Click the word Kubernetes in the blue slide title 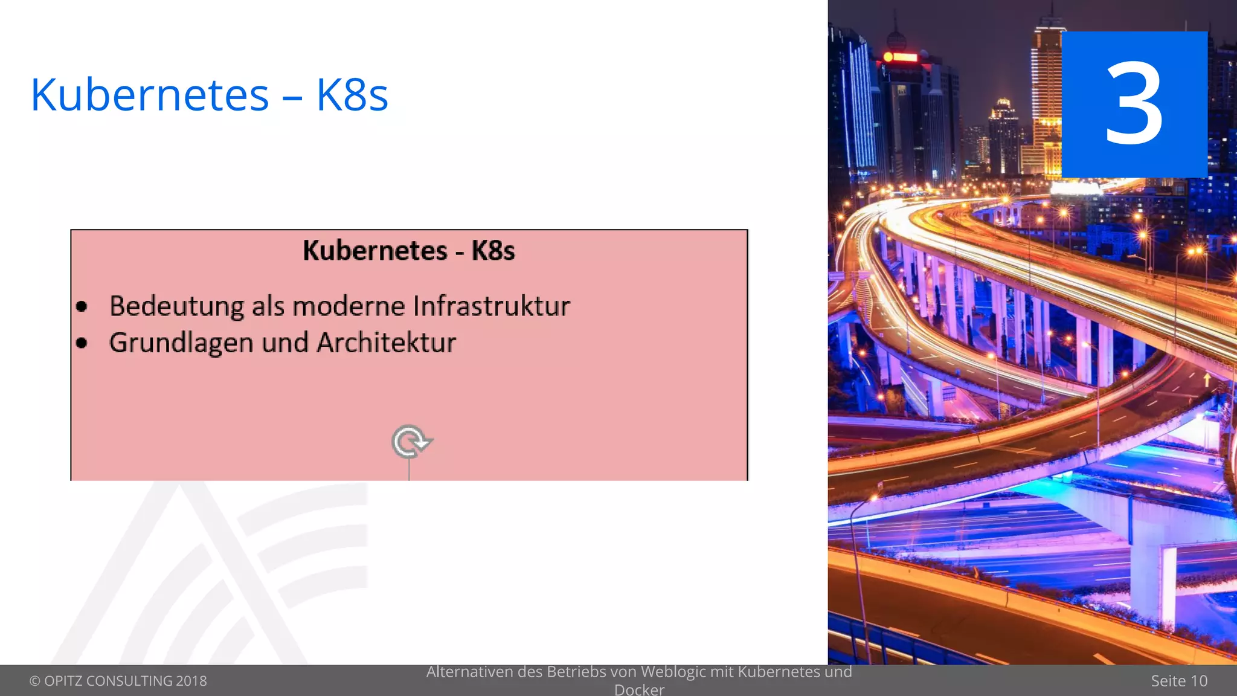[149, 95]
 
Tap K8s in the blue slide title [352, 95]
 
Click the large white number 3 [1134, 104]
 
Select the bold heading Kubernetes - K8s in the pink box [408, 250]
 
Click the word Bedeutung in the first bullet [177, 306]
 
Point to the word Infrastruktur [491, 306]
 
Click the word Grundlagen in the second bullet [181, 343]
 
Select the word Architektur [387, 343]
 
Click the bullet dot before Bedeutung [82, 307]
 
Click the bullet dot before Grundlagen [82, 343]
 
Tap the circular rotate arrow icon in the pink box [411, 442]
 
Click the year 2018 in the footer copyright [191, 681]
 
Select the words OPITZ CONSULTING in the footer [108, 681]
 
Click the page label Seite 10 [1178, 681]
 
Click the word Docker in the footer [639, 689]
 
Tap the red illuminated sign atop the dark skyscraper [900, 57]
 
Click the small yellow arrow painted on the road [1207, 379]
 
